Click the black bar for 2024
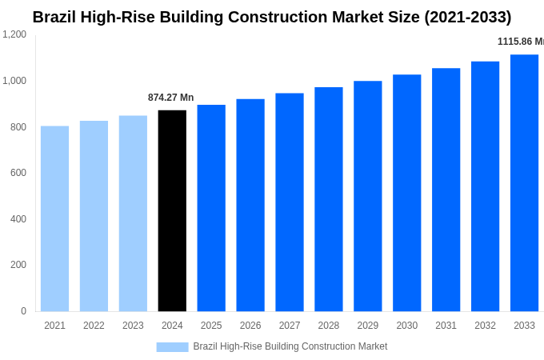point(172,210)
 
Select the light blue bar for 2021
point(54,218)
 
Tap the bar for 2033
point(524,182)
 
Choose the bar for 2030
point(406,193)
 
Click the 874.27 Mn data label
point(170,98)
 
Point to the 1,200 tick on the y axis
point(14,34)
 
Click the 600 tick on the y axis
point(18,173)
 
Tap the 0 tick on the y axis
point(23,311)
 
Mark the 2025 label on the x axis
point(211,326)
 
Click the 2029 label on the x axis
point(368,326)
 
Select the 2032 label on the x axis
point(485,326)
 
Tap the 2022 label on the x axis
point(94,326)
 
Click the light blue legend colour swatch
point(172,346)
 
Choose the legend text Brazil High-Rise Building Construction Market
point(290,346)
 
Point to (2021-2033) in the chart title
point(460,17)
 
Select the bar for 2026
point(250,205)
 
